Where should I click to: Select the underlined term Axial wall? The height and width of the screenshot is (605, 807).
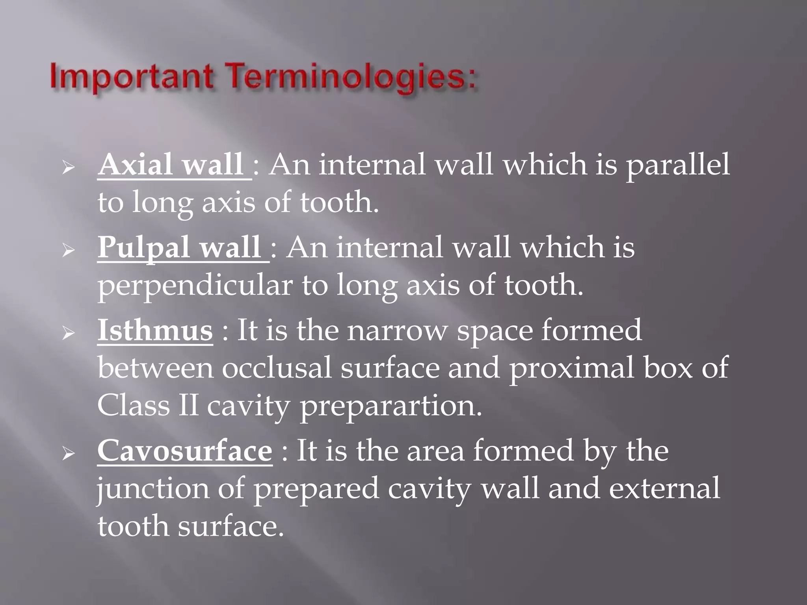click(x=170, y=165)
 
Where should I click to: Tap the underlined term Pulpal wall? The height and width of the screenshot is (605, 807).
click(x=179, y=248)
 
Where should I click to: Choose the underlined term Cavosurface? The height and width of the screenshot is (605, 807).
click(x=184, y=451)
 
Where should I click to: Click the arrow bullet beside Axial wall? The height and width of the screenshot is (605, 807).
click(x=68, y=168)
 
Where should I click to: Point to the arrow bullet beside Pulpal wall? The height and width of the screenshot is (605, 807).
click(x=68, y=251)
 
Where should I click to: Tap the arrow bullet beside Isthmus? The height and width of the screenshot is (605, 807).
click(x=68, y=333)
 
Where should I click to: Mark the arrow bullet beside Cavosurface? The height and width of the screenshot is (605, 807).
click(x=68, y=454)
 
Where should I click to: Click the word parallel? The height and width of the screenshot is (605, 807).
click(x=678, y=165)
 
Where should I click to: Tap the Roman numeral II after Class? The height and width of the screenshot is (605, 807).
click(x=188, y=406)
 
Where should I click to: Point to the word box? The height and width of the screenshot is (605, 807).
click(x=668, y=367)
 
